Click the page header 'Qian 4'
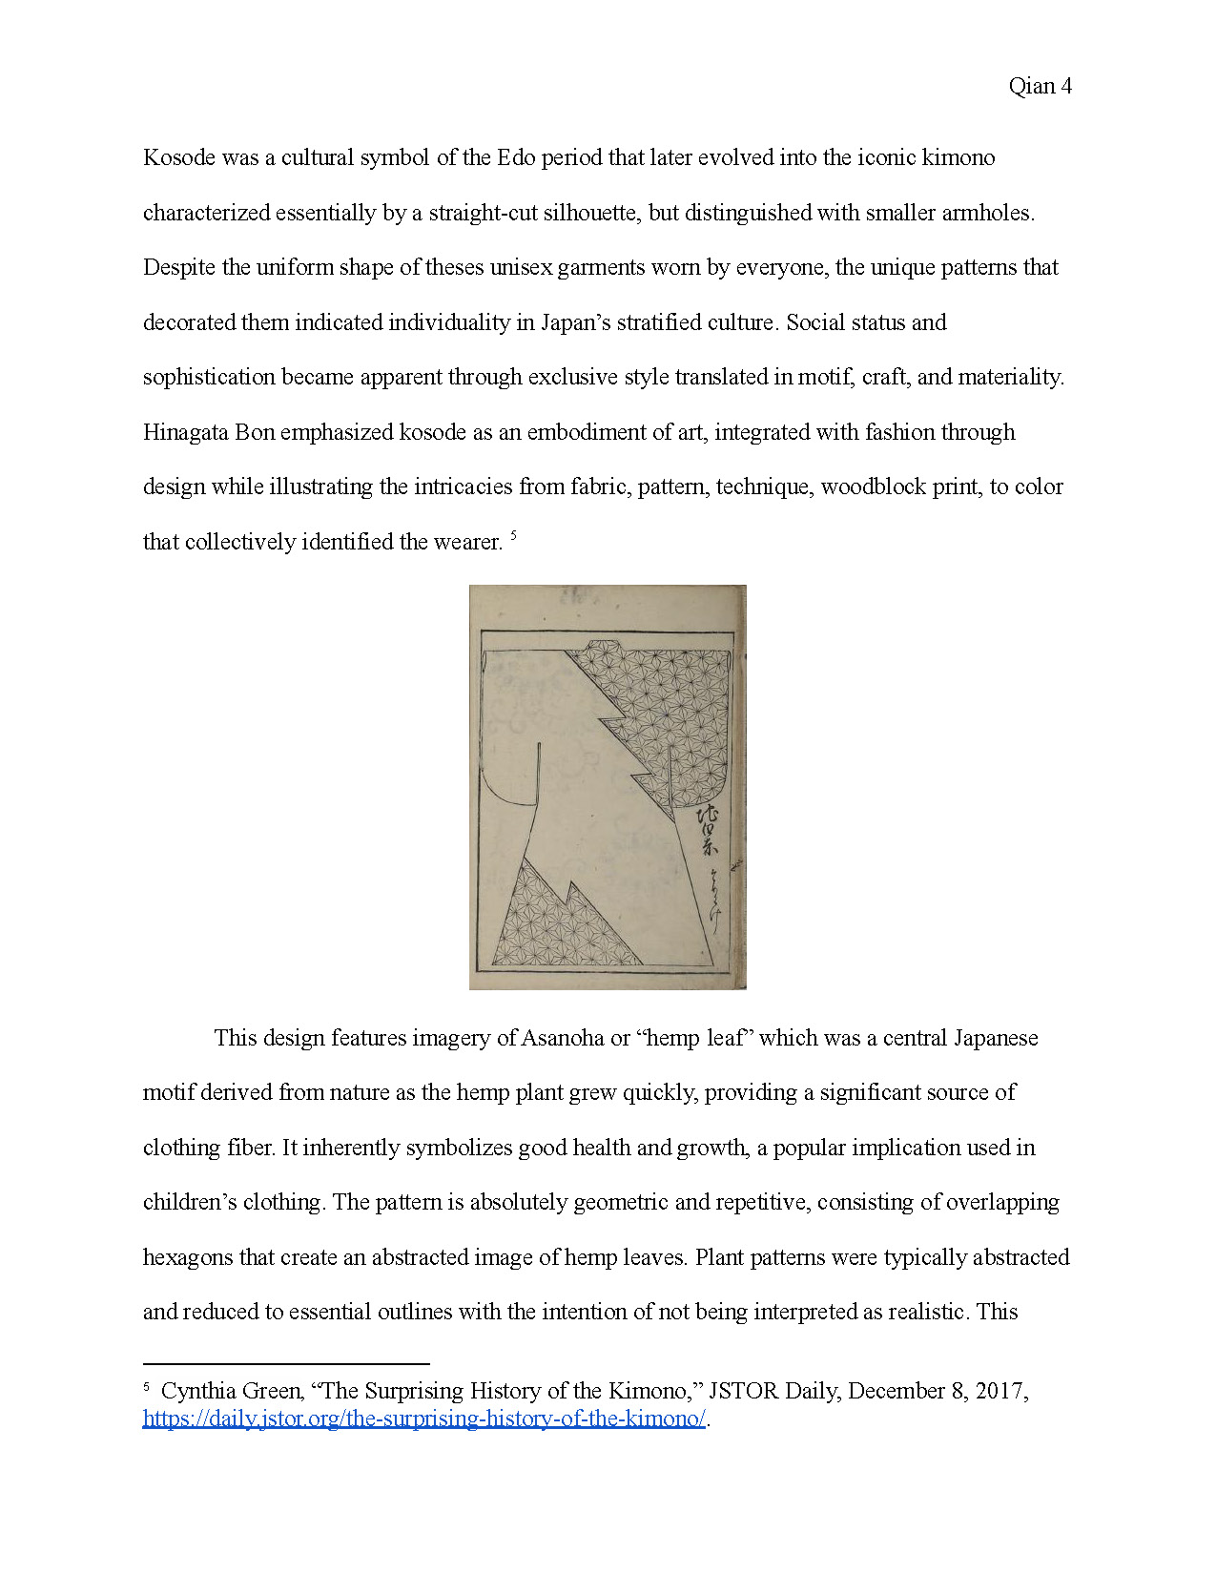click(1040, 87)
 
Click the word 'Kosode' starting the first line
click(179, 157)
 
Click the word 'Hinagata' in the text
click(186, 432)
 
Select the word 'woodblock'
click(873, 487)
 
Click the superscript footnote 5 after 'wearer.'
click(514, 536)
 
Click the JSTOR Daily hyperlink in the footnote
click(423, 1419)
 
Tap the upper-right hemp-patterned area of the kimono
click(668, 706)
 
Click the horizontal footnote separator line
click(286, 1364)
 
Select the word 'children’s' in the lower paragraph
click(186, 1202)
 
